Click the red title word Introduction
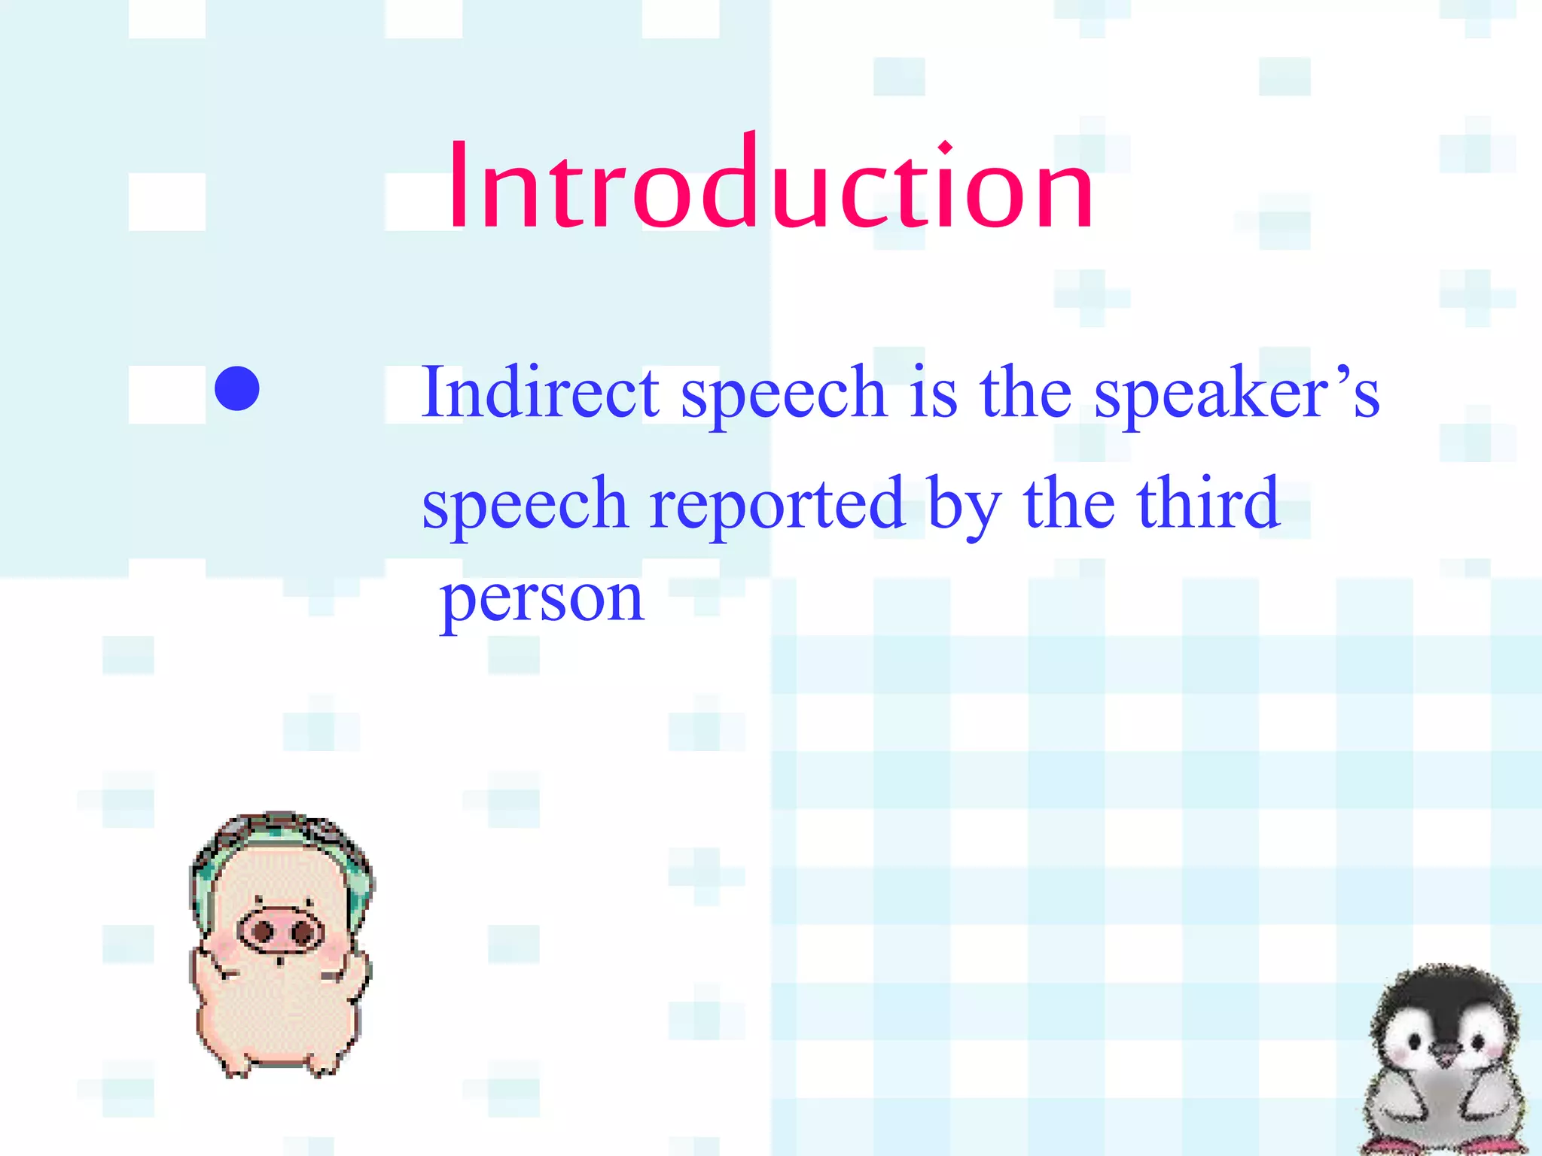point(769,184)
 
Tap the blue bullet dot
point(237,388)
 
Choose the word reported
point(776,504)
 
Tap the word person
point(542,602)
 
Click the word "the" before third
point(1069,503)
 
